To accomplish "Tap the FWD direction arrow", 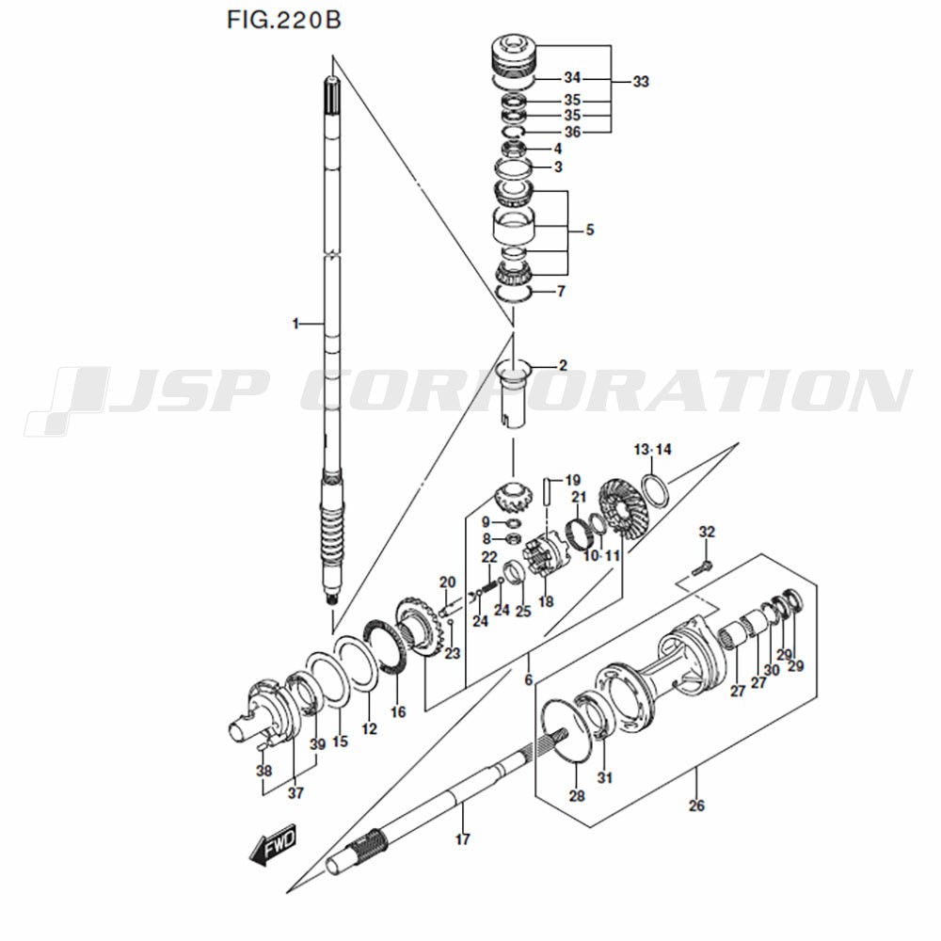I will (274, 844).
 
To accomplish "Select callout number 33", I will (641, 82).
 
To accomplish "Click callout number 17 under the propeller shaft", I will (462, 839).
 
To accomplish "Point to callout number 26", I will (696, 805).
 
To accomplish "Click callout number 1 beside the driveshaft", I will (295, 324).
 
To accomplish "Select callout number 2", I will (563, 364).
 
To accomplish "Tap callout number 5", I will (589, 229).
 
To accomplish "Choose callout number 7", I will (561, 292).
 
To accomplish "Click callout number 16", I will (398, 712).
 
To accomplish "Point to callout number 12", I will (369, 729).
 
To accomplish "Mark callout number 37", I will (296, 793).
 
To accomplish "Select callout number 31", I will (604, 777).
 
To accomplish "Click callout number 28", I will (577, 796).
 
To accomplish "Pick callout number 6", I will (529, 679).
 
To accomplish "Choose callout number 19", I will (573, 480).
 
